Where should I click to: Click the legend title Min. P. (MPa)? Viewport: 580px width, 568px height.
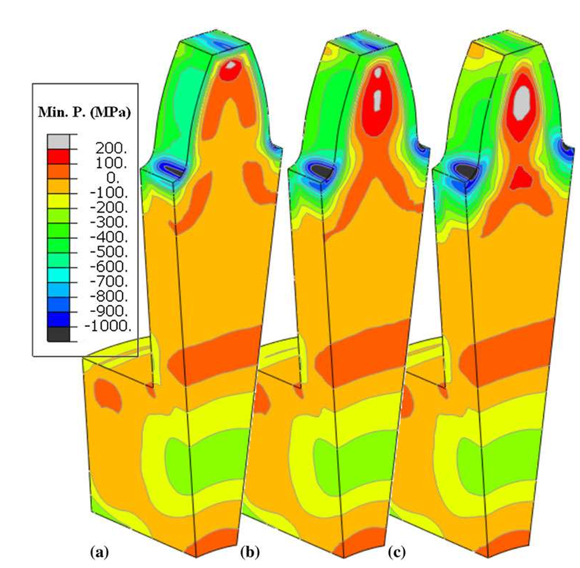point(85,112)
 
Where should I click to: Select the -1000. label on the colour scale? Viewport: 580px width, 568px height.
point(108,326)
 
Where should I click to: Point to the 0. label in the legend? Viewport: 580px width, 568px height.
point(113,178)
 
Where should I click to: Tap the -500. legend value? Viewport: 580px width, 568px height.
point(109,252)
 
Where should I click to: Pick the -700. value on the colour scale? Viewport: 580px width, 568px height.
point(109,281)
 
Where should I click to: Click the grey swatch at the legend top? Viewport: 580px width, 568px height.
point(58,142)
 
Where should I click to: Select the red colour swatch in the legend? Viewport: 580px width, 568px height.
point(58,157)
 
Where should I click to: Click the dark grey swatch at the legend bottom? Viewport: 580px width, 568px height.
point(58,334)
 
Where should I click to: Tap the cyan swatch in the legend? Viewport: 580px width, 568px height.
point(58,274)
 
